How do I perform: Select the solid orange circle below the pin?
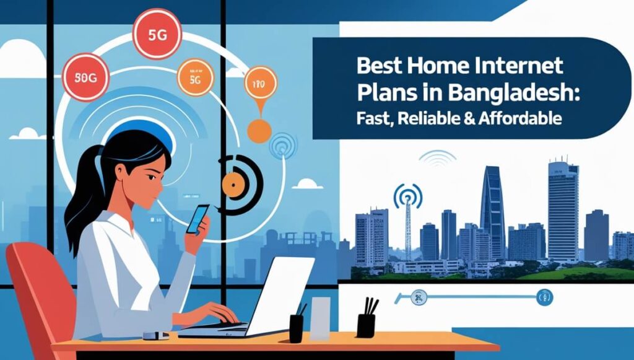click(x=259, y=131)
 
